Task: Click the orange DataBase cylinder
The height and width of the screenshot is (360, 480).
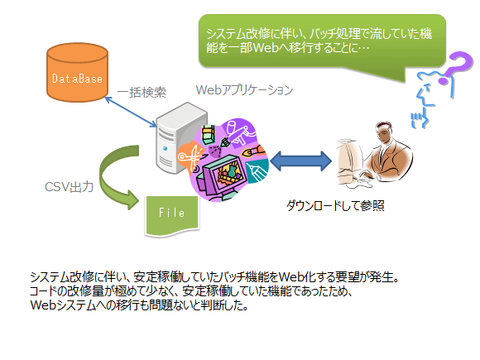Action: pos(77,72)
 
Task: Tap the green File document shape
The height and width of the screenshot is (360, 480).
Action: pos(172,215)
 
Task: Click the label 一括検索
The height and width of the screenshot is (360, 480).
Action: pos(142,92)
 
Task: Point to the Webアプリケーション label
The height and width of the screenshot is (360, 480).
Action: pos(244,90)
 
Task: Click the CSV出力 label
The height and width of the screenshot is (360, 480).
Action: pos(70,187)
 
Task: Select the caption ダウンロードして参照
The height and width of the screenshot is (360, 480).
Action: pos(335,205)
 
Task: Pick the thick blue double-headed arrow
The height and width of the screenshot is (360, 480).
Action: pos(300,161)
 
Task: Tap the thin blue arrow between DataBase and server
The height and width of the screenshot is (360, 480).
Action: pos(131,112)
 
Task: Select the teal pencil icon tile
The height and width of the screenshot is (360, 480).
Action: pos(258,172)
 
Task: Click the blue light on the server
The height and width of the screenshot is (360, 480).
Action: pos(166,149)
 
